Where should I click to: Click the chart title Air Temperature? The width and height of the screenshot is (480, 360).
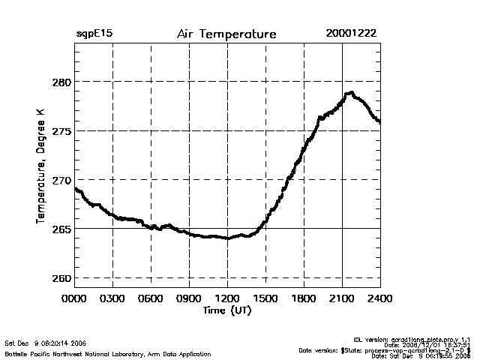click(226, 34)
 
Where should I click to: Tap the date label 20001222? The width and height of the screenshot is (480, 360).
click(351, 34)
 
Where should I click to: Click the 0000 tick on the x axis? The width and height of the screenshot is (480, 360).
click(74, 299)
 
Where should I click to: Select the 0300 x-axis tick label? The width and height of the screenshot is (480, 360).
click(112, 299)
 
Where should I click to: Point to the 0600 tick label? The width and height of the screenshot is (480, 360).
click(151, 299)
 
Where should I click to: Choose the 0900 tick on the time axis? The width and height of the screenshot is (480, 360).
click(189, 299)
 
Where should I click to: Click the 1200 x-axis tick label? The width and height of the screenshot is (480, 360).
click(227, 299)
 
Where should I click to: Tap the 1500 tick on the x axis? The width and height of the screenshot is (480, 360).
click(265, 299)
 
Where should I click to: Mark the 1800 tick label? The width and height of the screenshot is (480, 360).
click(304, 299)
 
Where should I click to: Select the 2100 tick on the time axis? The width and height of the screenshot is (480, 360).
click(342, 299)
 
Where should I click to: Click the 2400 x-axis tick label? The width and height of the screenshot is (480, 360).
click(380, 299)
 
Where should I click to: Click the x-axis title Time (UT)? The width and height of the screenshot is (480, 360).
click(226, 310)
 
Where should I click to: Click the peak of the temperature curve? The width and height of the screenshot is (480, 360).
click(349, 93)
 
